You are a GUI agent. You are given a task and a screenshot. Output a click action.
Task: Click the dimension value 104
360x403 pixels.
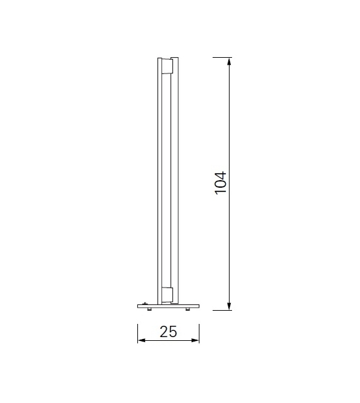click(220, 182)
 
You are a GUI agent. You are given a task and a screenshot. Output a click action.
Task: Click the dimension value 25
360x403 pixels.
click(168, 331)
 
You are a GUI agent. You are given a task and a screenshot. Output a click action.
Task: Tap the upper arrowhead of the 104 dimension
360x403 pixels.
click(230, 62)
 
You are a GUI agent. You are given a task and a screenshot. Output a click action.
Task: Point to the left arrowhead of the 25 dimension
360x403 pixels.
click(141, 341)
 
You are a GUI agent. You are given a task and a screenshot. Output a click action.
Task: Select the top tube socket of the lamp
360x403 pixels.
click(168, 67)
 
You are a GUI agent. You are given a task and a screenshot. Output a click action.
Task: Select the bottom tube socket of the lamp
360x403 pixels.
click(168, 294)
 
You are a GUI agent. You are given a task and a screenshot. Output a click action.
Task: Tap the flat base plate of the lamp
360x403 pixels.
click(168, 305)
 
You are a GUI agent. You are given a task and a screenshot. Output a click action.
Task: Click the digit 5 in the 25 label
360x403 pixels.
click(173, 331)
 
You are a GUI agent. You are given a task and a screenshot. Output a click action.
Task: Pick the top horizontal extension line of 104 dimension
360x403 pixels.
click(223, 57)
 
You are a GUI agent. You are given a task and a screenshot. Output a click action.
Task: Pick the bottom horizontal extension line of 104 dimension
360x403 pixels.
click(223, 310)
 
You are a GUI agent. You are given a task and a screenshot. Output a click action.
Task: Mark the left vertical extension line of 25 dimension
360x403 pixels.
click(138, 333)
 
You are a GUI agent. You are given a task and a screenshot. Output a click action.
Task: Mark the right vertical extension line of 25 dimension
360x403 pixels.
click(199, 333)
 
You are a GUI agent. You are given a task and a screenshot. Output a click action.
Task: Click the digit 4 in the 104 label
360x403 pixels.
click(220, 173)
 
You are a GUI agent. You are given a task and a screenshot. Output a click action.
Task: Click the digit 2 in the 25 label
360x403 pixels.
click(164, 331)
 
